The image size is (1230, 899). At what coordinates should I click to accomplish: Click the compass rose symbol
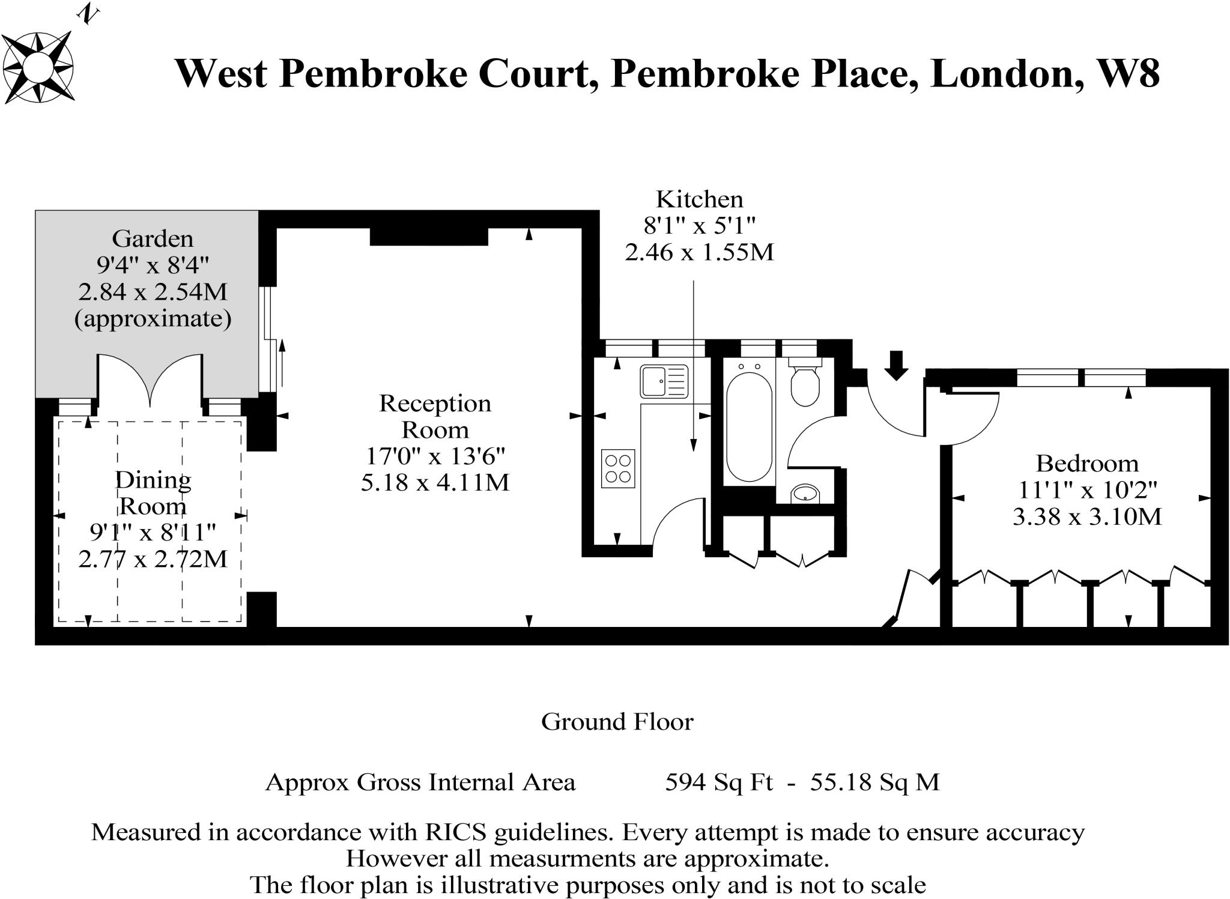(38, 67)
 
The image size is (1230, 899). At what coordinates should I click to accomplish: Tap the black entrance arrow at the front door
(896, 365)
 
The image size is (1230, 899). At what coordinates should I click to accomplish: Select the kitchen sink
(664, 381)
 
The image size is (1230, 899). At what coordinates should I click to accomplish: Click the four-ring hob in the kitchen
(618, 468)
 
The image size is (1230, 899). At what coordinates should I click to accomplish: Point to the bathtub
(749, 427)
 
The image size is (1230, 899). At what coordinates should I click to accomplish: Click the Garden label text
(153, 239)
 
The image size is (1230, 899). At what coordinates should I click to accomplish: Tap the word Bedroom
(1087, 464)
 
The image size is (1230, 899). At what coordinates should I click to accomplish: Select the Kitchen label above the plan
(699, 199)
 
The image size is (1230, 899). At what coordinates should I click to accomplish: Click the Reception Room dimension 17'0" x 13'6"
(435, 456)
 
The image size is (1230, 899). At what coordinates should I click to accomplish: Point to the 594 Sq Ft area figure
(719, 782)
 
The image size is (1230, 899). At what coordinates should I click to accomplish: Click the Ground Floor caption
(617, 721)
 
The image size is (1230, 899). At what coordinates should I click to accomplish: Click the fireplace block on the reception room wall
(429, 237)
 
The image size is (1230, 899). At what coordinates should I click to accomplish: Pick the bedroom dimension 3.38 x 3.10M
(1087, 516)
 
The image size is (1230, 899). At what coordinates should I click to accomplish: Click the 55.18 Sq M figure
(874, 782)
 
